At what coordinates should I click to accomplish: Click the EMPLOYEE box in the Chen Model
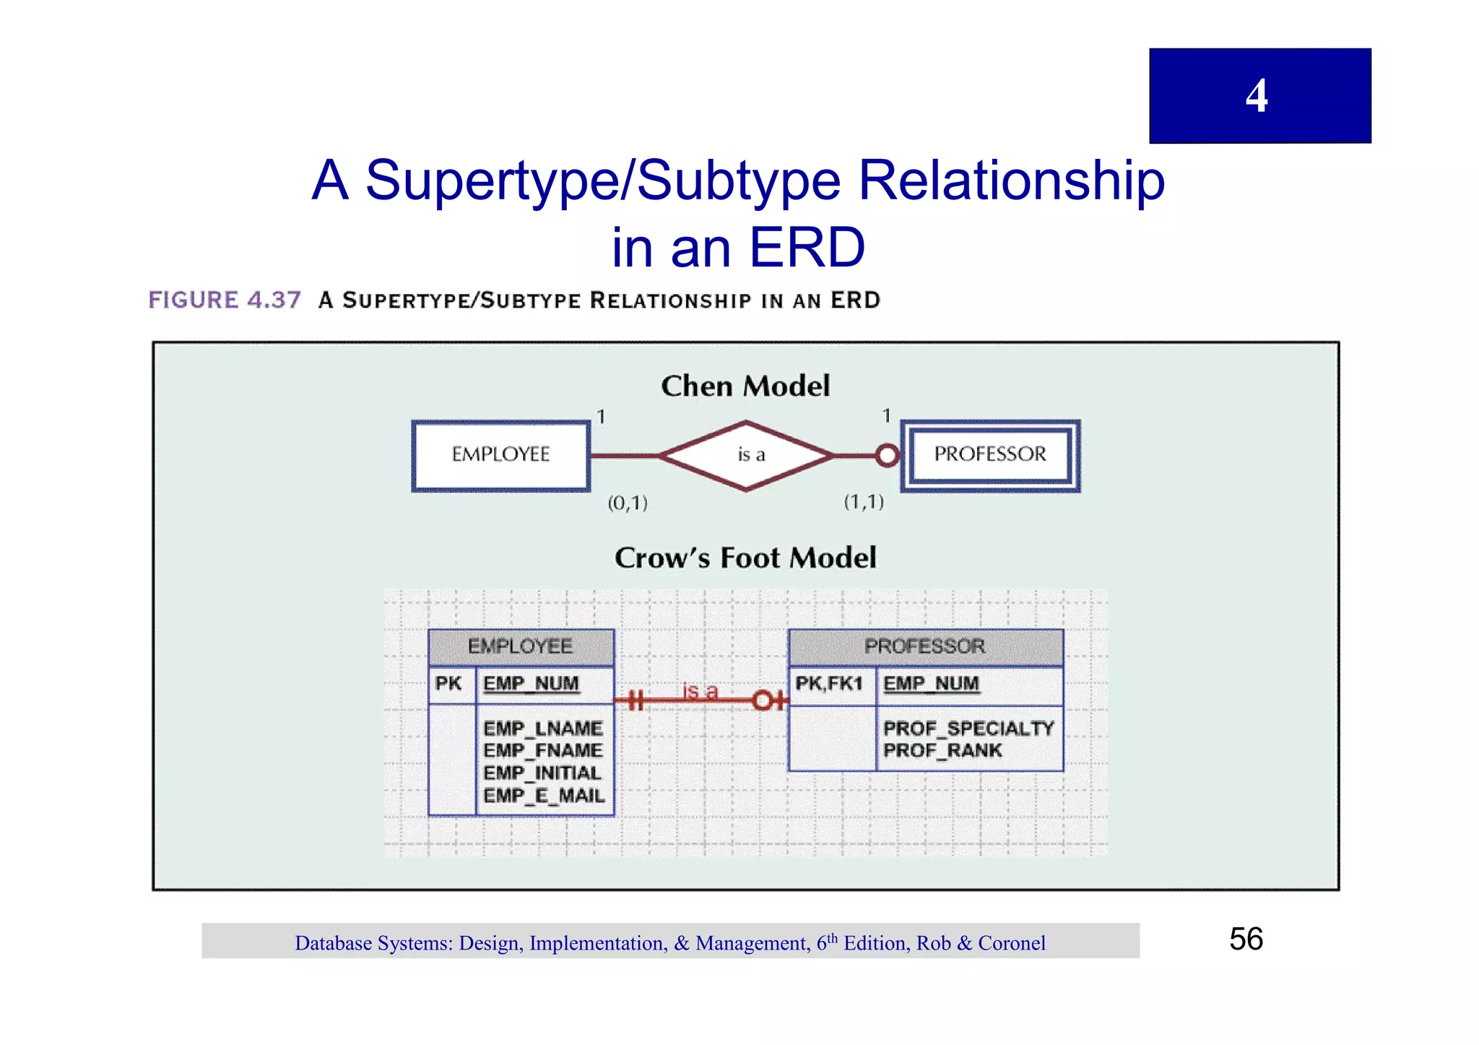click(500, 456)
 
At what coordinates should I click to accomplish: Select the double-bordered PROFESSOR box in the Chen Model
click(990, 455)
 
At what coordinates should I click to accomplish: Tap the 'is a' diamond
click(747, 455)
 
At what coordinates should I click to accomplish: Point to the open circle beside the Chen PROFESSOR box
click(887, 456)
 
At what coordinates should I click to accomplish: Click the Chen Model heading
click(745, 386)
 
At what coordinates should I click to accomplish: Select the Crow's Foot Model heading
click(745, 558)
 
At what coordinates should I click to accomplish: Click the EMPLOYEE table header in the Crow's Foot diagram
click(521, 646)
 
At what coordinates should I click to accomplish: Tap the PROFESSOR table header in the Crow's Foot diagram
click(925, 646)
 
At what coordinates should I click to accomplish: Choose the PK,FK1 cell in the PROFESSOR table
click(830, 684)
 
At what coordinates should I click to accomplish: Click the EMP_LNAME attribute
click(543, 728)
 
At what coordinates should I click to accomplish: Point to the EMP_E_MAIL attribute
click(544, 796)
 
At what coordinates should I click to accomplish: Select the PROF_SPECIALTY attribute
click(968, 728)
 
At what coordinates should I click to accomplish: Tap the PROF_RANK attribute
click(942, 751)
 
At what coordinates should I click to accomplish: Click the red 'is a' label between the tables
click(700, 692)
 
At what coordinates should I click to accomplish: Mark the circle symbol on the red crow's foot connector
click(763, 701)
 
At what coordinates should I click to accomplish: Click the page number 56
click(1246, 940)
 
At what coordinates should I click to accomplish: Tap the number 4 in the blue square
click(1257, 96)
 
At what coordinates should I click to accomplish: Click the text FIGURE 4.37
click(225, 300)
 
